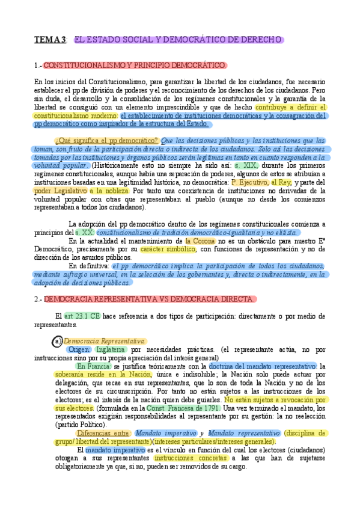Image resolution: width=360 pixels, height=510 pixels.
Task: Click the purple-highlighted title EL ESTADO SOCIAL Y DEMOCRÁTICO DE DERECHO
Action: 178,40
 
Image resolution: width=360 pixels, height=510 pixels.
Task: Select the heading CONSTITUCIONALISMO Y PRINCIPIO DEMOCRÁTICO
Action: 135,65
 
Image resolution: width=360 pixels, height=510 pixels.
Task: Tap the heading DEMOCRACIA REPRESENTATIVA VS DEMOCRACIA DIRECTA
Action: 150,298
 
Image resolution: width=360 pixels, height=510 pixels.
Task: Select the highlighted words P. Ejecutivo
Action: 249,182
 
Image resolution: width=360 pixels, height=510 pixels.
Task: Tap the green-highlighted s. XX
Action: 84,232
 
